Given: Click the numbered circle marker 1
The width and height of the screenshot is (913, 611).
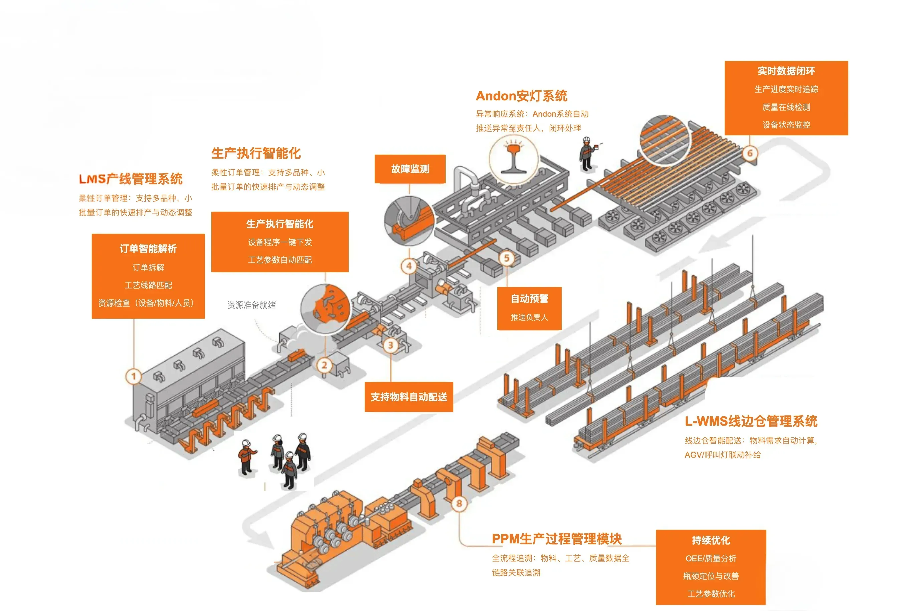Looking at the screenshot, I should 133,376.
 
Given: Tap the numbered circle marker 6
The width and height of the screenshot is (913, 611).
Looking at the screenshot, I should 749,153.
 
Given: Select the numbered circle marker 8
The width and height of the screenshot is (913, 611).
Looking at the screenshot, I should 459,503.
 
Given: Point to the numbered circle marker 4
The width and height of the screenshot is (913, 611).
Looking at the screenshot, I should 409,266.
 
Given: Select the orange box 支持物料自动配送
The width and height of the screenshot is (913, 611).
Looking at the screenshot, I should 408,397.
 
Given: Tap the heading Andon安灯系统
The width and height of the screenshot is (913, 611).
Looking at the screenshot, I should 521,96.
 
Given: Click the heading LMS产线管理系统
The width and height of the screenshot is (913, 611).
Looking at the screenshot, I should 131,179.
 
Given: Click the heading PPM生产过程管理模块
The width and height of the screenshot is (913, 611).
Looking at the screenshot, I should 556,539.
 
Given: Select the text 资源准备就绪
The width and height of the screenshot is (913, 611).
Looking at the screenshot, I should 251,305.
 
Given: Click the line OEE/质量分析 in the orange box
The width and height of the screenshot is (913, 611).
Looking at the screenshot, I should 710,558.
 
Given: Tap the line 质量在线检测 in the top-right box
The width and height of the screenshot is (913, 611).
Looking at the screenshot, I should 786,107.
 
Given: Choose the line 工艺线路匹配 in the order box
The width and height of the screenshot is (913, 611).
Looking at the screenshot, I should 148,285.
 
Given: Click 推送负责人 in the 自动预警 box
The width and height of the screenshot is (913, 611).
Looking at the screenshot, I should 529,317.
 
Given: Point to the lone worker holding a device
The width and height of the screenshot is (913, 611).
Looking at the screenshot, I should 586,154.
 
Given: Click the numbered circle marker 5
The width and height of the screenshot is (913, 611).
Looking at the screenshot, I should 506,258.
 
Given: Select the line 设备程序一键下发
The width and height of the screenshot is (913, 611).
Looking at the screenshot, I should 280,242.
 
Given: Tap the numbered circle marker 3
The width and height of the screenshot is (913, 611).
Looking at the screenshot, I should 390,345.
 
